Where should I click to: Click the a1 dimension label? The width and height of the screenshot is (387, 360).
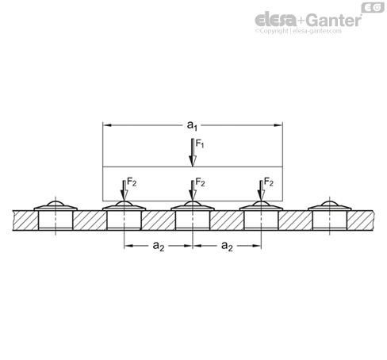(x=192, y=125)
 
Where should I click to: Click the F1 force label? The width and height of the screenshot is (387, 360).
(x=200, y=144)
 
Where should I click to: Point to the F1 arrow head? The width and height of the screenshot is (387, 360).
(x=193, y=161)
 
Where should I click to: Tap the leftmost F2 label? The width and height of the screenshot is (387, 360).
(x=132, y=182)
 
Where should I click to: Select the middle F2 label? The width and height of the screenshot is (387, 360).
(x=200, y=182)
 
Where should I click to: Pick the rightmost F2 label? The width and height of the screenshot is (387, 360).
(x=269, y=182)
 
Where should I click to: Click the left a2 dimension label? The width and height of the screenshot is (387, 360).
(x=159, y=246)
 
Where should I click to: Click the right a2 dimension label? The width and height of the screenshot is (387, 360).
(x=227, y=246)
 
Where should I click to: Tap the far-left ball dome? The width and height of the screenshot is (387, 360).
(x=56, y=204)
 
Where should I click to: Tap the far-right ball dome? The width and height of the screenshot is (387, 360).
(x=330, y=204)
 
